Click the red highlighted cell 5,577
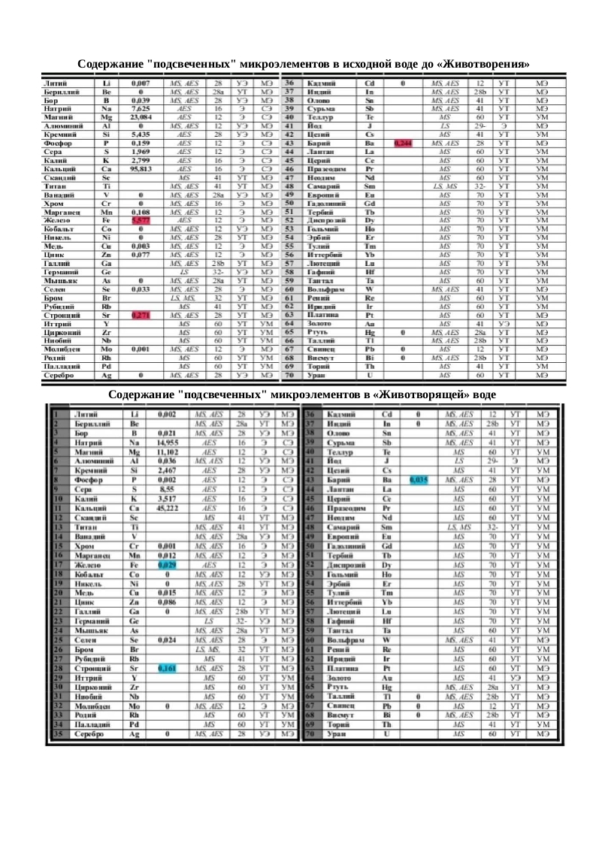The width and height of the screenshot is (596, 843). [141, 220]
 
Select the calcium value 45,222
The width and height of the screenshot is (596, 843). [167, 509]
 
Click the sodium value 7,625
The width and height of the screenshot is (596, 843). [141, 109]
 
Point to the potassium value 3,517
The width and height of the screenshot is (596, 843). [167, 498]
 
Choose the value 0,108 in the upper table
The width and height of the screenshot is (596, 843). [141, 213]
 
